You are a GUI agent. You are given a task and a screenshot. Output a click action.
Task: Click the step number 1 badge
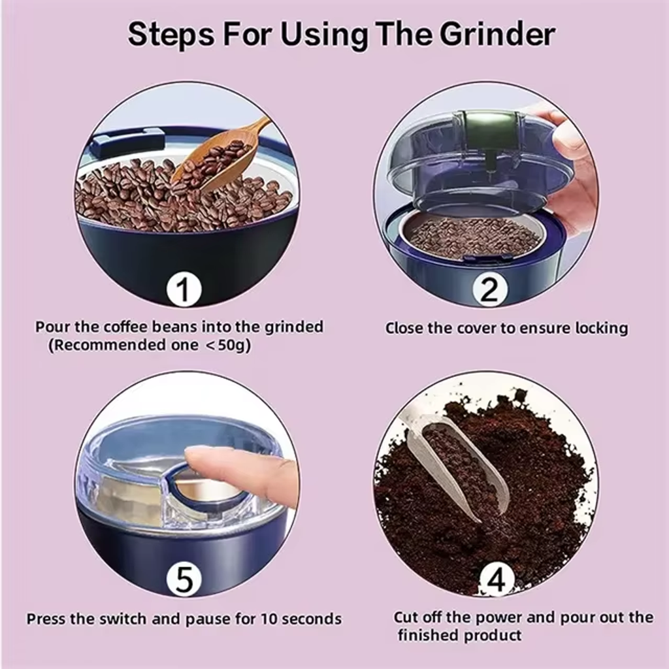pos(184,289)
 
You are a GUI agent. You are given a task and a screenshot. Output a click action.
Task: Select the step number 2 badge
pos(490,290)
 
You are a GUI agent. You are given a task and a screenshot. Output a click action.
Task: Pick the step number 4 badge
pos(497,580)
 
